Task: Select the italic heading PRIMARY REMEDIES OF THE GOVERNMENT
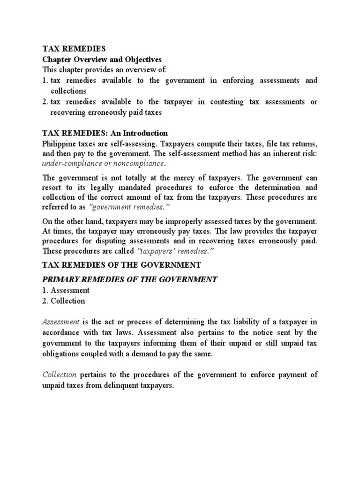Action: click(130, 280)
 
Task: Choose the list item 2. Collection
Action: click(64, 301)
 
